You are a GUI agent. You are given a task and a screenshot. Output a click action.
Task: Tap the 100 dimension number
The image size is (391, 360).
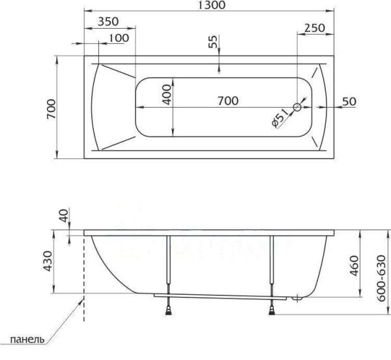[118, 38]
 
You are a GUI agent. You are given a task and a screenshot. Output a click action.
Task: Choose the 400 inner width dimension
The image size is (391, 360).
[167, 97]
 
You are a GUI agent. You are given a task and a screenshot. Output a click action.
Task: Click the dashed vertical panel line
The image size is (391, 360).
[85, 280]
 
